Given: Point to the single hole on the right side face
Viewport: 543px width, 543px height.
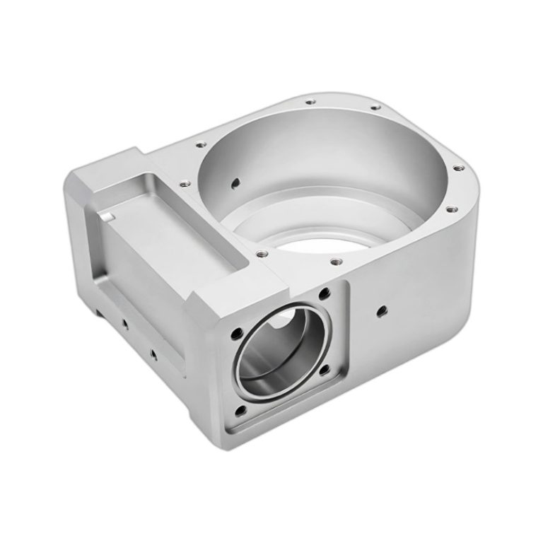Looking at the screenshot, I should (x=383, y=309).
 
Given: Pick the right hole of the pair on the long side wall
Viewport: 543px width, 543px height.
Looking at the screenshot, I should (x=151, y=349).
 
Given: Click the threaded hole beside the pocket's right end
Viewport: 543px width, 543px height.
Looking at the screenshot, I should (x=261, y=252).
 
